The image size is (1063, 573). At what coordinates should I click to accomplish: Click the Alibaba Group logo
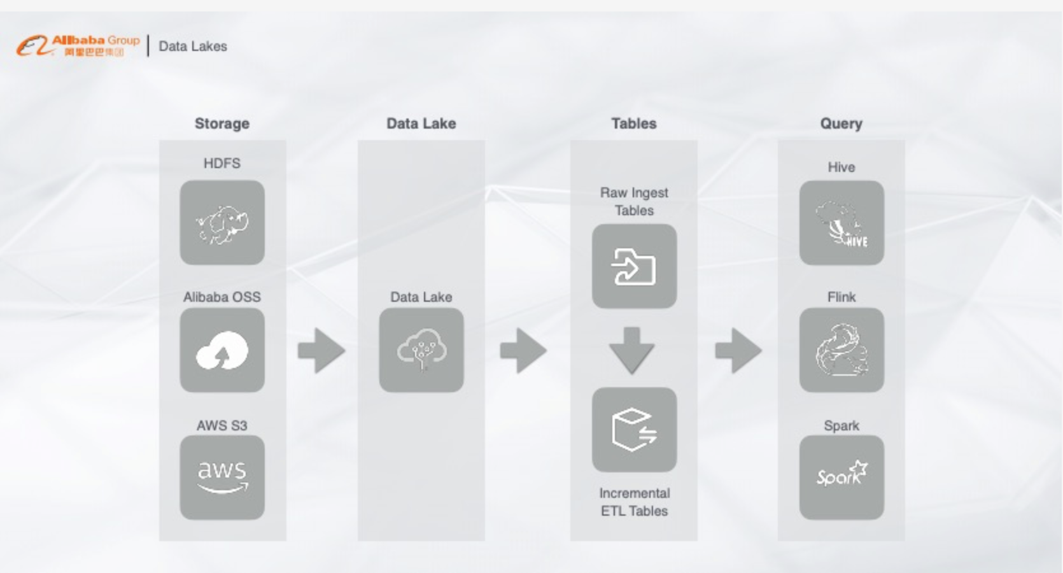[78, 45]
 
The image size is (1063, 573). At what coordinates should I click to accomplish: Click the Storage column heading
[222, 124]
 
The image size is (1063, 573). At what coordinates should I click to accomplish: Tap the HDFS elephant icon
[222, 223]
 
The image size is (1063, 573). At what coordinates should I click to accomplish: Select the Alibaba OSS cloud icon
[222, 350]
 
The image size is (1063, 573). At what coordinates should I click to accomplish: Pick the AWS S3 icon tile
[222, 478]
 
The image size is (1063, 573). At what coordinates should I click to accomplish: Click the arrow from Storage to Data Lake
[321, 350]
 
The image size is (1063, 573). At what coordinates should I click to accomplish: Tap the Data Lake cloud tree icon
[421, 350]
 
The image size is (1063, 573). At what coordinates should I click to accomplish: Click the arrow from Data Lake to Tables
[523, 350]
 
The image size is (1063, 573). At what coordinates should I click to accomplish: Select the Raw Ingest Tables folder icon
[634, 266]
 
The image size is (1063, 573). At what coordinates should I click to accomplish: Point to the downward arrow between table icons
[631, 350]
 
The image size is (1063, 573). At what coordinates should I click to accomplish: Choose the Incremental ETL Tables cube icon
[634, 430]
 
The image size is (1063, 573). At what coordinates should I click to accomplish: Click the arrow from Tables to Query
[738, 350]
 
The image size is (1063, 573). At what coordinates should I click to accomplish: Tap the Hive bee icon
[841, 223]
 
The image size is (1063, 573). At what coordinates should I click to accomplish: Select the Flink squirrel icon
[841, 350]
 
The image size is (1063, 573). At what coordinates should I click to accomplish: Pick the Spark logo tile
[841, 478]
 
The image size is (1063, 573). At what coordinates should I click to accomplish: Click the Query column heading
[841, 124]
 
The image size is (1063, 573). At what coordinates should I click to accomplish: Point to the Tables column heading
[633, 124]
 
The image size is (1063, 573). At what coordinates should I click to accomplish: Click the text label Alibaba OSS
[222, 297]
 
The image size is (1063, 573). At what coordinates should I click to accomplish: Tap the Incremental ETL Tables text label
[634, 502]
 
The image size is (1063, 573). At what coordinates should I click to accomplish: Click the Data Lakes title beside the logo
[192, 46]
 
